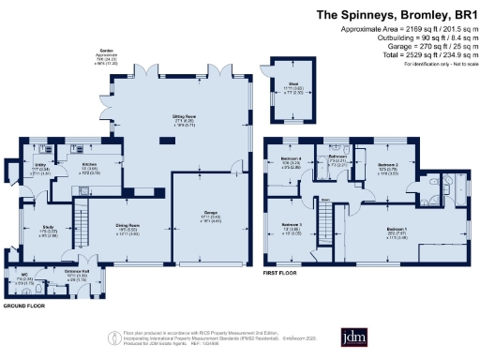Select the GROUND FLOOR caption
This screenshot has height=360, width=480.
click(x=24, y=307)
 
